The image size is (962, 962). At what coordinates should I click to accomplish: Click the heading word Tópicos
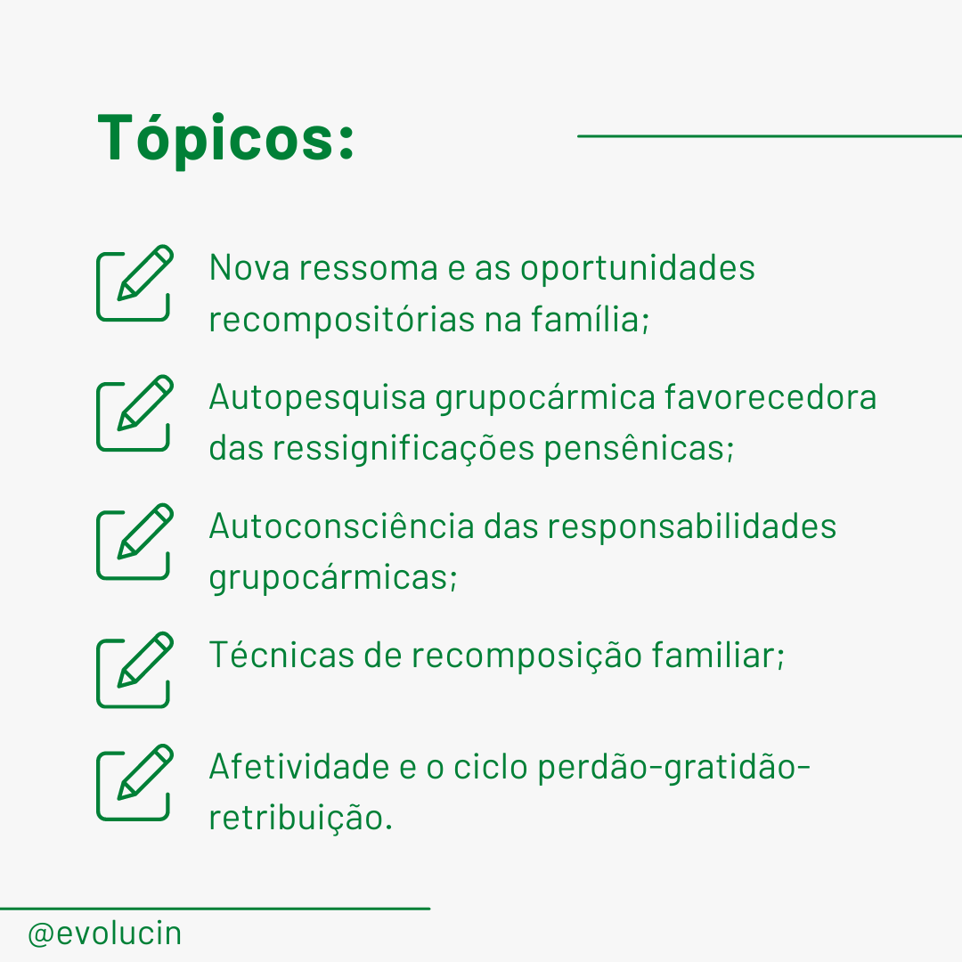[225, 139]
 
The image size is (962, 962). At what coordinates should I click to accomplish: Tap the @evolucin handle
[105, 934]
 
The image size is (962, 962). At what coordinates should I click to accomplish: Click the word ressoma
[368, 268]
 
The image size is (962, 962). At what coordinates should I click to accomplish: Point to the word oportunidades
[638, 267]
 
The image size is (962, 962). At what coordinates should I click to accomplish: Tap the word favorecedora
[770, 397]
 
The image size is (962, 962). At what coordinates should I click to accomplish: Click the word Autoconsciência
[342, 526]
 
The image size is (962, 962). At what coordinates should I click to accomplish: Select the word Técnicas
[281, 654]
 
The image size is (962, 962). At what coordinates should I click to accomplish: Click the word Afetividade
[299, 766]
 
